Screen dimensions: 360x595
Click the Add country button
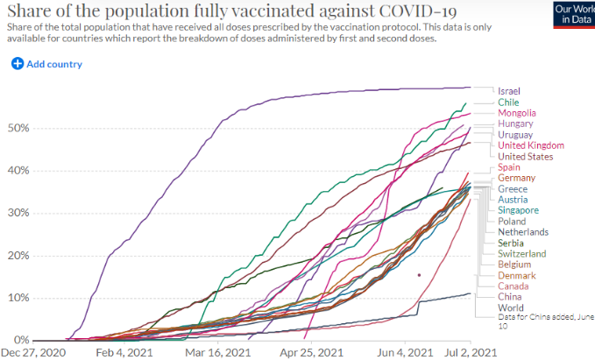point(47,64)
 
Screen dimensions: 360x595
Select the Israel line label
point(508,91)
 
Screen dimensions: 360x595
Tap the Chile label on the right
point(508,102)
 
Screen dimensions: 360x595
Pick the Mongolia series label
point(517,113)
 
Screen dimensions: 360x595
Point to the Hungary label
point(515,124)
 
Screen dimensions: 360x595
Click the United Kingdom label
point(530,145)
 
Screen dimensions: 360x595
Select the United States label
point(525,157)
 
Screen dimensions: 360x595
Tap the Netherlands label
point(523,232)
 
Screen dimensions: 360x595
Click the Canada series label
point(513,286)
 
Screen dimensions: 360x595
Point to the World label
point(510,307)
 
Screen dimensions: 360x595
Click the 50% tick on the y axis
point(19,128)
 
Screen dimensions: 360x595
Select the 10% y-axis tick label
point(19,298)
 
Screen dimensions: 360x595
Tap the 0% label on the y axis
point(23,340)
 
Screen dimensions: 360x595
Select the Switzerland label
point(522,254)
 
